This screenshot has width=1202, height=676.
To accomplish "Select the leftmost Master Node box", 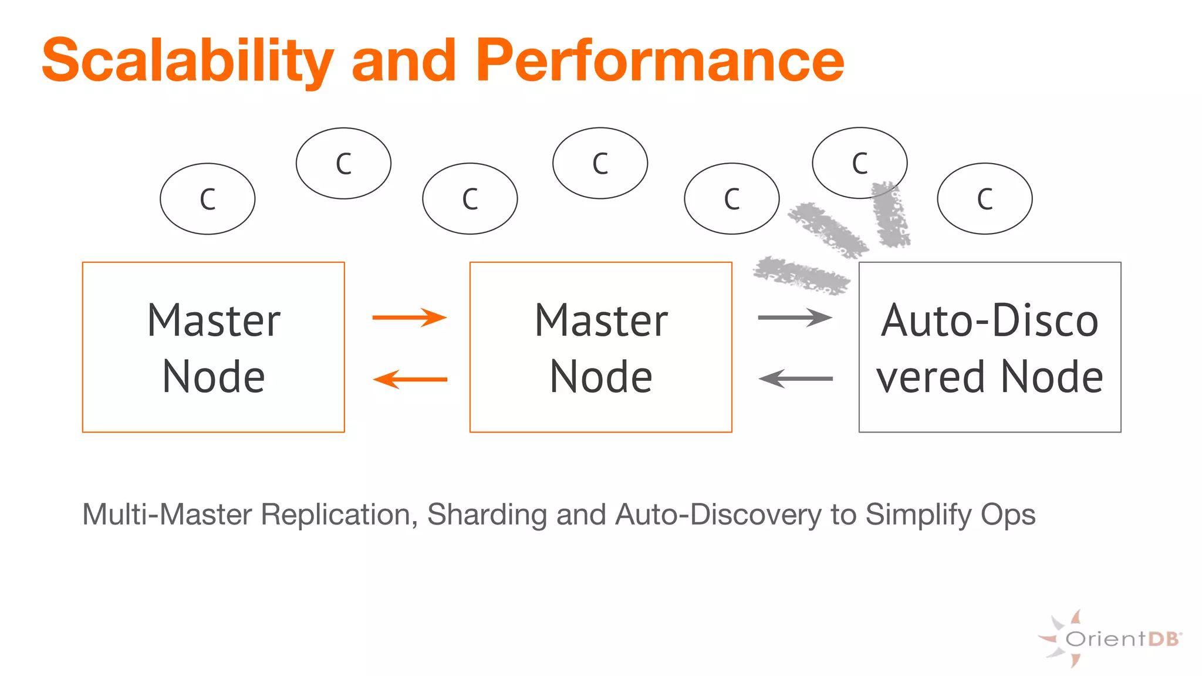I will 214,347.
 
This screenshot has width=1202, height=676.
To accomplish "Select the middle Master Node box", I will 601,347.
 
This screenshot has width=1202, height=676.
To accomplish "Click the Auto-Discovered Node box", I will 990,347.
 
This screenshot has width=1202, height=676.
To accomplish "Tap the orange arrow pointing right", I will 410,317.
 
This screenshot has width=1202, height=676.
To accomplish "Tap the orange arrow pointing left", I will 410,379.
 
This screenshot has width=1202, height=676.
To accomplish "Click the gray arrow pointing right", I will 795,317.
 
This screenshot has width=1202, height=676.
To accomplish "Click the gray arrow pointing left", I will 795,379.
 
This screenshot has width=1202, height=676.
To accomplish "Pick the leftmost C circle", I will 208,199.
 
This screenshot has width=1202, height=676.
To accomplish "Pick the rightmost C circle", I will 985,199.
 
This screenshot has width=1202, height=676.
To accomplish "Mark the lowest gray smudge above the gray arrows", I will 801,275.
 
